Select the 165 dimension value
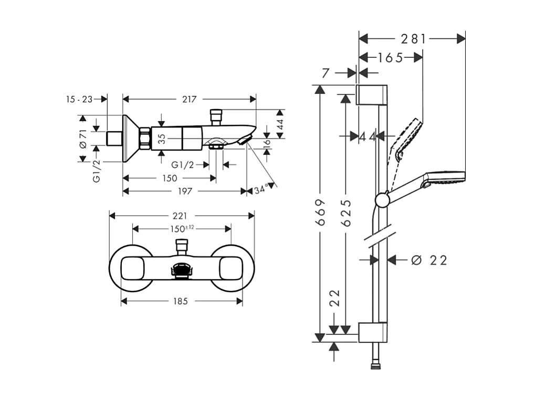pos(390,58)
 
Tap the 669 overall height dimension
pos(320,212)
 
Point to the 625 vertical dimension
pos(345,213)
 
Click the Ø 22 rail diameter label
pos(429,260)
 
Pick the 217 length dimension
pos(189,99)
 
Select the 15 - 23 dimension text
pos(79,99)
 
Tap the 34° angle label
pos(261,190)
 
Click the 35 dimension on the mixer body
pos(162,139)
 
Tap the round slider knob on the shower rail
pos(382,199)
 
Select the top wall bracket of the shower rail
pos(373,94)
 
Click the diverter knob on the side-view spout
pos(216,116)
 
